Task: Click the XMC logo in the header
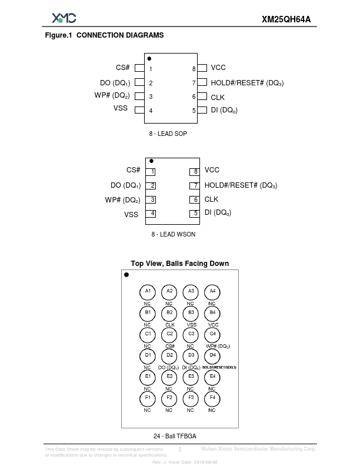tap(64, 18)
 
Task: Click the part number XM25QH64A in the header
tap(286, 19)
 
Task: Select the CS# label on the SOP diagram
tap(122, 68)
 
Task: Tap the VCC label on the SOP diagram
tap(218, 68)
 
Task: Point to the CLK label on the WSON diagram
tap(211, 199)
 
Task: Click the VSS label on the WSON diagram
tap(131, 215)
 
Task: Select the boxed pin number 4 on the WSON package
tap(152, 214)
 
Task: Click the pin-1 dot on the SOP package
tap(149, 59)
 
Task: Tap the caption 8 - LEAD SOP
tap(168, 134)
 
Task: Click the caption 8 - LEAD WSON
tap(174, 234)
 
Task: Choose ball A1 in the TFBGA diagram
tap(148, 291)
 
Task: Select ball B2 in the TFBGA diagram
tap(169, 312)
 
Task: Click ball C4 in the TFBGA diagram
tap(212, 334)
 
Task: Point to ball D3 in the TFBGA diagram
tap(191, 355)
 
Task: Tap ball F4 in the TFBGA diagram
tap(212, 398)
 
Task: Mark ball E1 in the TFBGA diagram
tap(148, 377)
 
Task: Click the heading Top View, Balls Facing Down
tap(179, 264)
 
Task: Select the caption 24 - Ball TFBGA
tap(175, 436)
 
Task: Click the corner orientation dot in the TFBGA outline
tap(126, 275)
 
